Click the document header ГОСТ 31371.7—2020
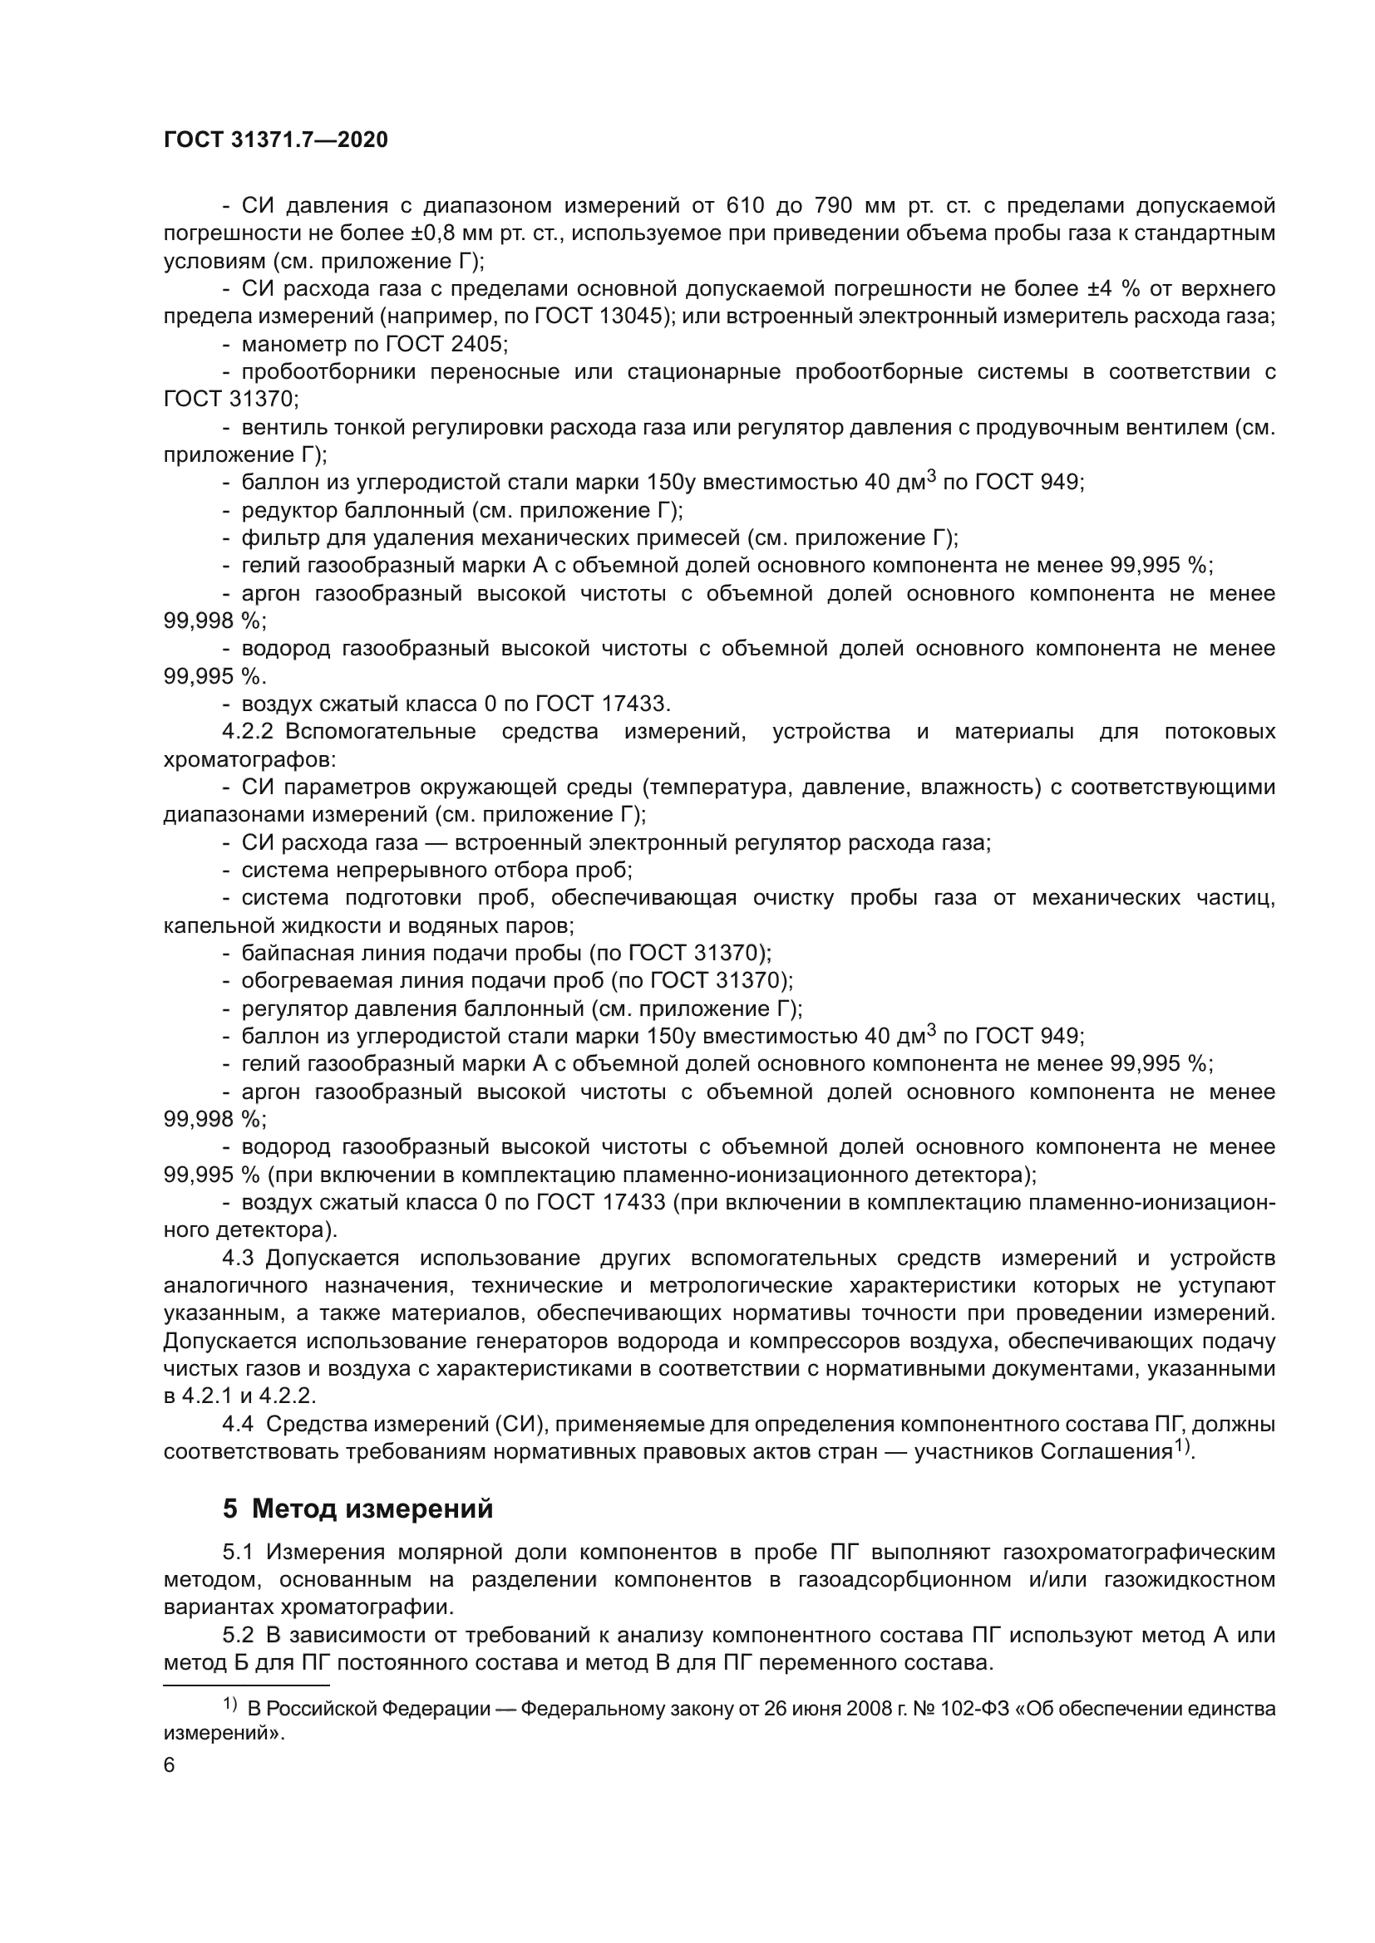275,140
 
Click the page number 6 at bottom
170,1765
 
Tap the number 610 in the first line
746,206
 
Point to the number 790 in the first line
833,206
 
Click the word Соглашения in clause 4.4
1106,1452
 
